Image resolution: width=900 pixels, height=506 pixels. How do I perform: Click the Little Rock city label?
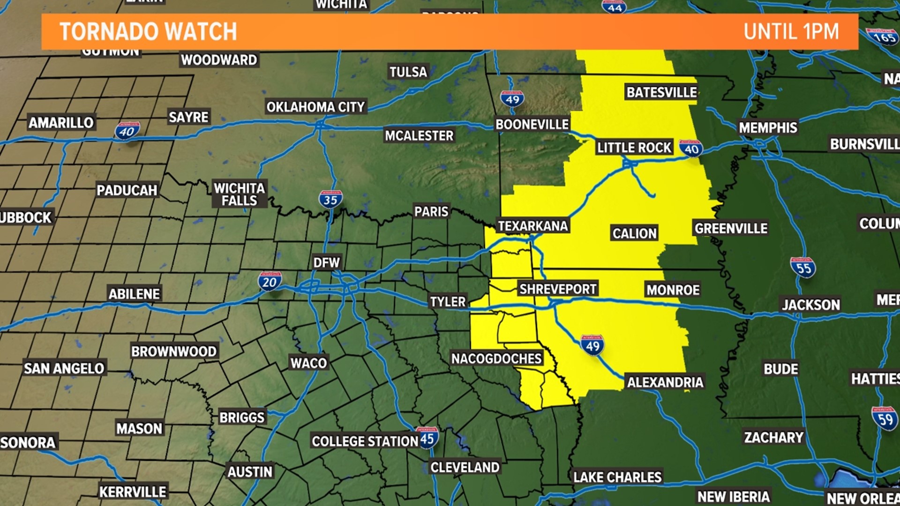point(634,148)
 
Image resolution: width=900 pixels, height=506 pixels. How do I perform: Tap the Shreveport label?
point(557,289)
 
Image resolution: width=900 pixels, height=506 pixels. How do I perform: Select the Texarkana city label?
point(532,226)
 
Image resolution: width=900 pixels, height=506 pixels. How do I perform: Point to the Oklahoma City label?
point(315,107)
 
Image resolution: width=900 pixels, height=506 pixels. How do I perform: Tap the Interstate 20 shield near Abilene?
point(270,282)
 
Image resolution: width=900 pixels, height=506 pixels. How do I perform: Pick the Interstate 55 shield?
point(803,268)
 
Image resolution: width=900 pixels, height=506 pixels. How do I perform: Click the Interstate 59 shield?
point(885,418)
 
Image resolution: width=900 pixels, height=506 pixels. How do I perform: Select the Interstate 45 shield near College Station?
point(427,439)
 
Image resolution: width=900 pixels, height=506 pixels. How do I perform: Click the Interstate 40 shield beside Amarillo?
point(127,131)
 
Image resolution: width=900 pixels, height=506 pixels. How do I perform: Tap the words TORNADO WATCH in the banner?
point(148,32)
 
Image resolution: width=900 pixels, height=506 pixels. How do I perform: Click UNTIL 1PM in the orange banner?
point(791,32)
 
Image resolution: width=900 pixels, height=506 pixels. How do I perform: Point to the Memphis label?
point(768,127)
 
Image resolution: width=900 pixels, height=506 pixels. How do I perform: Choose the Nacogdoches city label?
point(496,358)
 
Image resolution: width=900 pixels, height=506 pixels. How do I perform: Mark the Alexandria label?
point(665,382)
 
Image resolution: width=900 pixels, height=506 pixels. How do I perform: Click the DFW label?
point(326,262)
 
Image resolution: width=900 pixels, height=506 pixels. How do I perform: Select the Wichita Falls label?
point(240,194)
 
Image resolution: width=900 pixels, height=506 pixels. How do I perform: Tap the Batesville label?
point(661,92)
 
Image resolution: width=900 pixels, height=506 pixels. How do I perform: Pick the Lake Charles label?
point(617,477)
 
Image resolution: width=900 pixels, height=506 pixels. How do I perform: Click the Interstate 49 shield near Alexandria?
point(592,346)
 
